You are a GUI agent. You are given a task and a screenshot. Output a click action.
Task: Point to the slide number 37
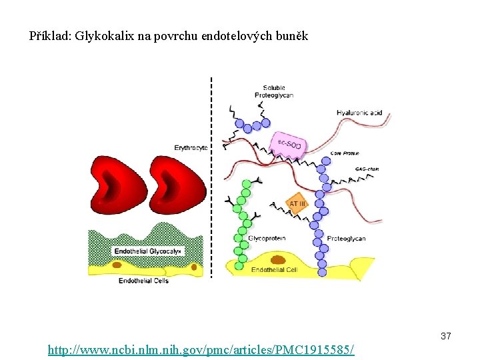[445, 337]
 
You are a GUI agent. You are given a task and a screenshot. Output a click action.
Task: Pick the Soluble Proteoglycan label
[273, 91]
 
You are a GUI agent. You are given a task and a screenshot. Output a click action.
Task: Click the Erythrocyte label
[191, 147]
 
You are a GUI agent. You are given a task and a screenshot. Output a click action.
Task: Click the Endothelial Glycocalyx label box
[147, 251]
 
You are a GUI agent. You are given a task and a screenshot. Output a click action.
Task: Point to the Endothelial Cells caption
[143, 281]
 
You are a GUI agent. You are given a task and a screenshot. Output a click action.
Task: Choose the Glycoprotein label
[267, 238]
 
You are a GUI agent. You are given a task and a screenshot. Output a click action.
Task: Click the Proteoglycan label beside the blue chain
[346, 239]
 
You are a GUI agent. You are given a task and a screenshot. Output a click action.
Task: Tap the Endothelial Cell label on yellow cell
[273, 270]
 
